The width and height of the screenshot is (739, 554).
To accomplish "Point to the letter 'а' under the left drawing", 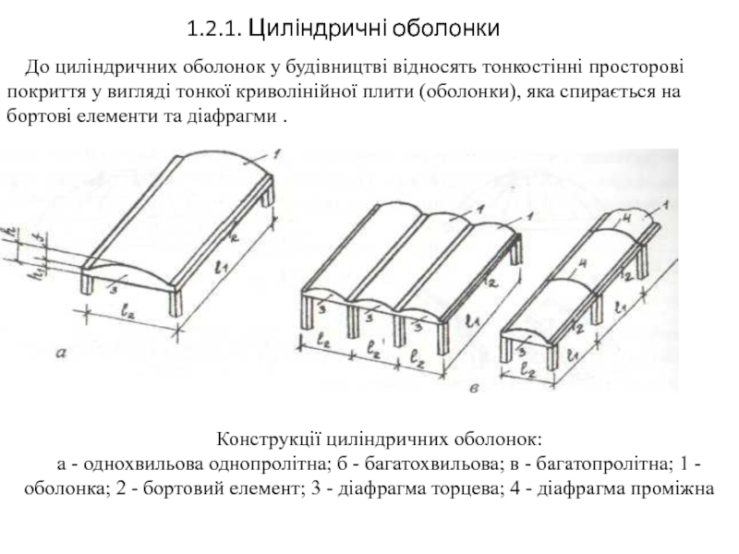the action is pos(62,352).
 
